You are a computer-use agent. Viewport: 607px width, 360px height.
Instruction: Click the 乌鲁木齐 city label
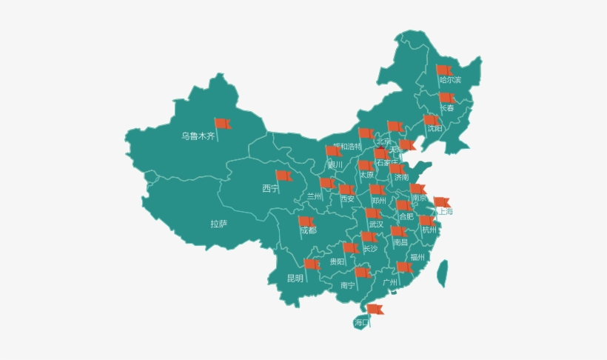pos(198,136)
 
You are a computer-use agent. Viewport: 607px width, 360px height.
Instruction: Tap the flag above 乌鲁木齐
pos(222,124)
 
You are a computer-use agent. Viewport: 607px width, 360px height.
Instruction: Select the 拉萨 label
pos(219,224)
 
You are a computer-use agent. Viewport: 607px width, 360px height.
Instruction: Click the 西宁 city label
pos(270,189)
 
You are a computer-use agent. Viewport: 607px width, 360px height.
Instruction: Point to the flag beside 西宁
pos(284,176)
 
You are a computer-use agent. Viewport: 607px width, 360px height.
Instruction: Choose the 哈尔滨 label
pos(449,80)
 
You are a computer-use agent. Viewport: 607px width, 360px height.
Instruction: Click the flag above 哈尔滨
pos(443,70)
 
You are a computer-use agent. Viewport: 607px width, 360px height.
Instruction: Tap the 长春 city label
pos(447,108)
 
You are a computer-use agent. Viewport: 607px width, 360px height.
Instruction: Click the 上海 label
pos(445,212)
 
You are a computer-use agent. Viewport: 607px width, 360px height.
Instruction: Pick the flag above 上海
pos(441,201)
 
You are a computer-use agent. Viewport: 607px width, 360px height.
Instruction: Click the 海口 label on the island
pos(361,322)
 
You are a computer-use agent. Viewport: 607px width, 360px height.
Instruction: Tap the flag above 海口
pos(375,309)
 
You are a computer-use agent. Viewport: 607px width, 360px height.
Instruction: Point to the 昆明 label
pos(295,279)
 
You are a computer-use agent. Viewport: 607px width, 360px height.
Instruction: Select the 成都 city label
pos(308,231)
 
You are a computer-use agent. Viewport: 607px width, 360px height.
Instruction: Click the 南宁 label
pos(348,285)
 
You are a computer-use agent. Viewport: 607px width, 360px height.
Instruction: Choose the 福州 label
pos(417,258)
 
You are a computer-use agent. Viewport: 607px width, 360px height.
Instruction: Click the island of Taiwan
pos(442,273)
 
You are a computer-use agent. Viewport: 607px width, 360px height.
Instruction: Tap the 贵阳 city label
pos(337,261)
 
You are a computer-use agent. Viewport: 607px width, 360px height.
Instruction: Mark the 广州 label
pos(390,282)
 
